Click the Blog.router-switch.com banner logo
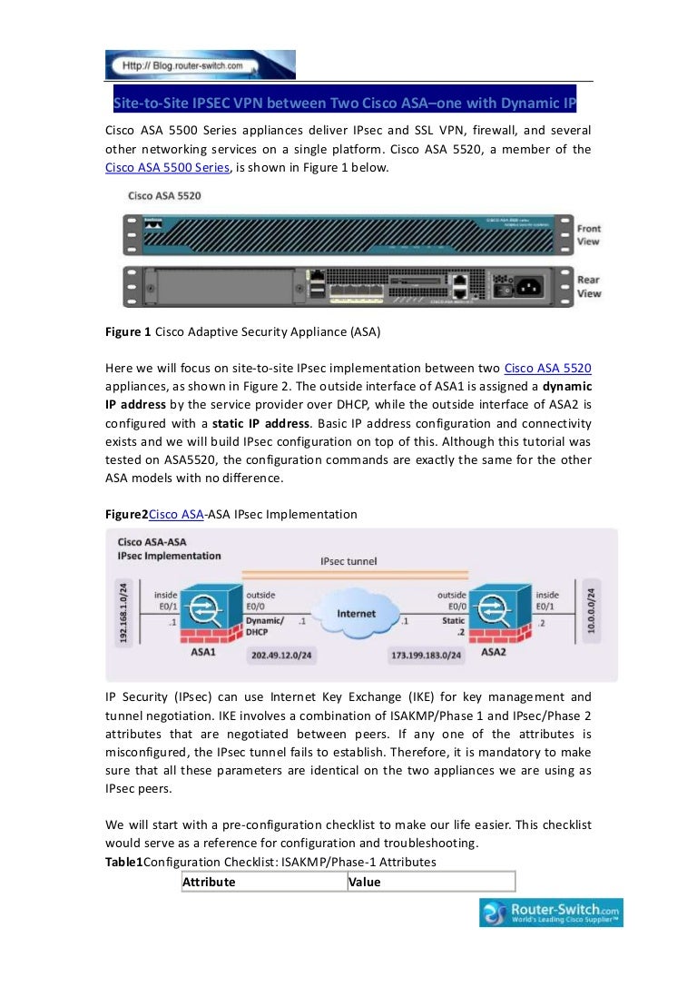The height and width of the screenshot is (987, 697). (201, 65)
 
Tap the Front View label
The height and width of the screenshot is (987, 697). (588, 235)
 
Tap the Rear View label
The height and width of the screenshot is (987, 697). (588, 287)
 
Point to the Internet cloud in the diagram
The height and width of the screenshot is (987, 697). (356, 615)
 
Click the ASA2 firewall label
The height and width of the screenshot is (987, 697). (493, 651)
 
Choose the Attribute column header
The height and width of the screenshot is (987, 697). (210, 882)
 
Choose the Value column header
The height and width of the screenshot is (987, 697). (365, 882)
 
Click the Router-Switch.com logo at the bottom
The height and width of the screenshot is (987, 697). (551, 913)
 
